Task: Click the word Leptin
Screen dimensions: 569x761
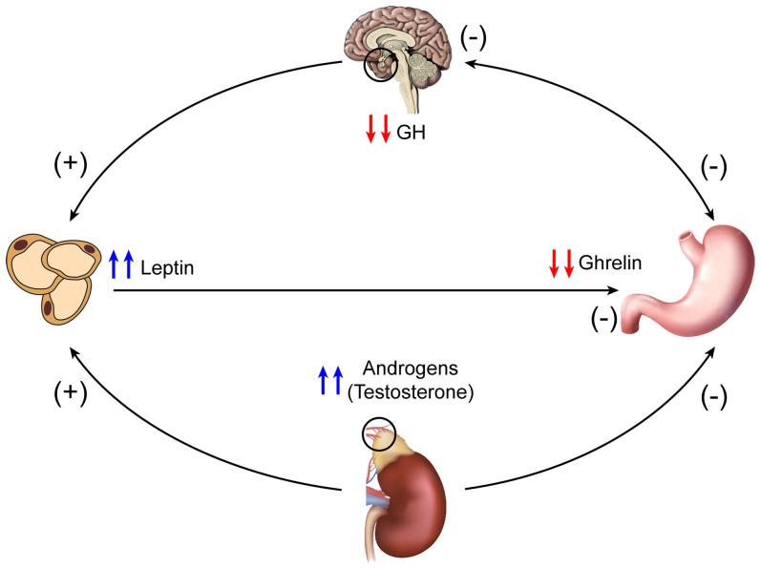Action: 167,268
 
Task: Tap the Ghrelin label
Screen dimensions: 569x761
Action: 609,261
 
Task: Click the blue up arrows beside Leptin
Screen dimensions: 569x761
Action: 120,263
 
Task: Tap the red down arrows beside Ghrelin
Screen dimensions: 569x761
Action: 561,263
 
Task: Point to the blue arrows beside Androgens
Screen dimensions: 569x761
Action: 329,380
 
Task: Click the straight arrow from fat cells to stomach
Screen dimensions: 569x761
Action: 363,290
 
